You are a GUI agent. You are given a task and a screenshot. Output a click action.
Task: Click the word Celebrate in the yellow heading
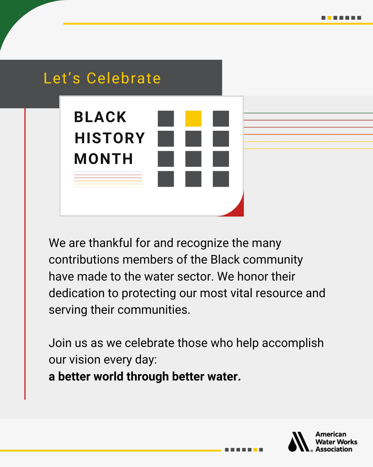tap(124, 78)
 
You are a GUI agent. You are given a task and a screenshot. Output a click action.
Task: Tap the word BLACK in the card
tap(100, 117)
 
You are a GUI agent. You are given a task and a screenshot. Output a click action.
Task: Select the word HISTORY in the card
tap(110, 138)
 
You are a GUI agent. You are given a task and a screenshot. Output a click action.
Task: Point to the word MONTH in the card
tap(103, 159)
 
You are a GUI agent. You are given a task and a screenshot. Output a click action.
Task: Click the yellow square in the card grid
tap(193, 119)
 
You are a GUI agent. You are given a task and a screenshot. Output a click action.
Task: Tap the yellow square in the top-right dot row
tap(329, 18)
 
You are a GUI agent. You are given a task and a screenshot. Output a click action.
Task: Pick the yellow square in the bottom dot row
tap(255, 450)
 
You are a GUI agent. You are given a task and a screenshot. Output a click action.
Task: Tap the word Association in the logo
tap(334, 449)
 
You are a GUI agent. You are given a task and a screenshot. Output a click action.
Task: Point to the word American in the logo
tap(331, 434)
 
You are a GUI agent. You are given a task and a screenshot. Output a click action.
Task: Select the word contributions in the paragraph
tap(84, 259)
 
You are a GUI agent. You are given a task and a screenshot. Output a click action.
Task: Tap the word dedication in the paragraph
tap(77, 293)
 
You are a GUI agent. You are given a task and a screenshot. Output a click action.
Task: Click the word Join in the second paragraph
tap(60, 343)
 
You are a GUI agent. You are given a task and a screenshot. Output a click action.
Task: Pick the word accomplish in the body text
tap(293, 343)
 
